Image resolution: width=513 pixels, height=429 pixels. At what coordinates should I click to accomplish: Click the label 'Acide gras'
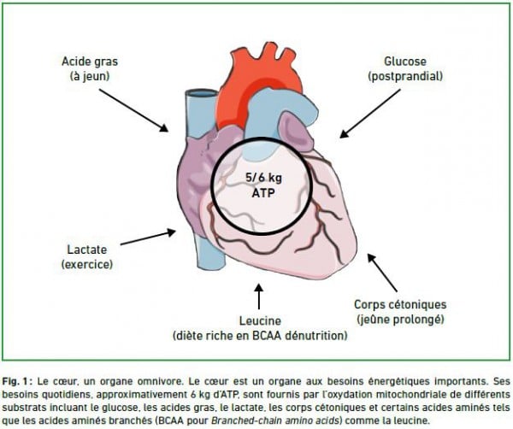[90, 62]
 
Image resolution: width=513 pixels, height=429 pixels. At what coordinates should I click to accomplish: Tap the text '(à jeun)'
[90, 77]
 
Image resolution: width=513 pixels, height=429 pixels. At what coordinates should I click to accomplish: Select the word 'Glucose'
[405, 62]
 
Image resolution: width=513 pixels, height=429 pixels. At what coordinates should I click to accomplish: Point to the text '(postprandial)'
[405, 77]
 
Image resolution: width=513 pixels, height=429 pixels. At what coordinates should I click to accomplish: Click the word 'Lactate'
[87, 250]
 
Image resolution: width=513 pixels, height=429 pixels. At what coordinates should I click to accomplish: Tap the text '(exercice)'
[87, 264]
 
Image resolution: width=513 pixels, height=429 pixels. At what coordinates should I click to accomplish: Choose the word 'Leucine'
[260, 320]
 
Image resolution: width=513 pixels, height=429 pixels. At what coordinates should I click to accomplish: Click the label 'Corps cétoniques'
[400, 305]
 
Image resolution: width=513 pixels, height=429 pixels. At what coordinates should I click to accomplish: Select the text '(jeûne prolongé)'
[400, 319]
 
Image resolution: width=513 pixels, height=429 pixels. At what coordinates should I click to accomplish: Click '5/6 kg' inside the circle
[263, 178]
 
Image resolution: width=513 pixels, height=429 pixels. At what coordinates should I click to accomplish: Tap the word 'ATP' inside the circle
[263, 193]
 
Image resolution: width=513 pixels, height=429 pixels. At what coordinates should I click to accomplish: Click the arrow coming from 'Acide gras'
[134, 110]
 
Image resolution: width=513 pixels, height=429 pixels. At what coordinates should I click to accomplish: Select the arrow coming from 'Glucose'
[369, 114]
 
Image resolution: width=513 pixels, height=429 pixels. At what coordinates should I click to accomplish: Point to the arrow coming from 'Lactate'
[148, 238]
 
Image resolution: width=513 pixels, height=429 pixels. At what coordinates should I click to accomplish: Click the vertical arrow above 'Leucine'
[259, 297]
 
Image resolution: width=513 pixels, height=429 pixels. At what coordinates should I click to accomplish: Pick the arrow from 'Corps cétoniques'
[382, 273]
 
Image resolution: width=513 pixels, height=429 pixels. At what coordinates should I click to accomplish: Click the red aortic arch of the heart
[258, 75]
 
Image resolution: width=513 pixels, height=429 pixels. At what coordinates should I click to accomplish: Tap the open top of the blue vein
[202, 93]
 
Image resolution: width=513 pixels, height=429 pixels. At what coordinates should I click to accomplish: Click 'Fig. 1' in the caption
[16, 381]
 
